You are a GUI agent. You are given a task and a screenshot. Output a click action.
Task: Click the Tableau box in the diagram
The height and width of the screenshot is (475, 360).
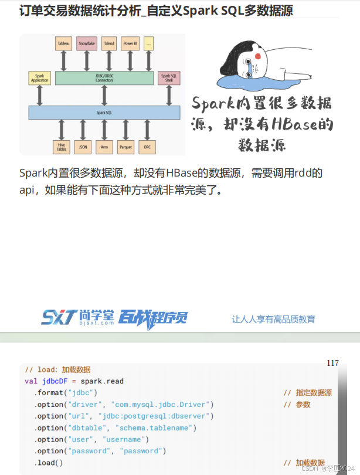[x=64, y=43]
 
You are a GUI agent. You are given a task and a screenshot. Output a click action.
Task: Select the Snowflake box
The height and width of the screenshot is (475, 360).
[x=86, y=43]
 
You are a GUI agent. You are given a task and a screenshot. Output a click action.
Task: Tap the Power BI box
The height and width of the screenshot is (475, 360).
[x=130, y=43]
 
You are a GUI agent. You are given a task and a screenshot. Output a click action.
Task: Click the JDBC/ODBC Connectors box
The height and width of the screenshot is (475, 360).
[x=104, y=78]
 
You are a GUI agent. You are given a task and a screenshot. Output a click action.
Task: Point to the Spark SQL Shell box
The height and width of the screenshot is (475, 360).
[x=169, y=77]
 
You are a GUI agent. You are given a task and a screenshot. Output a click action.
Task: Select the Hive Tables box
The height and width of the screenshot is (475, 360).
[x=62, y=147]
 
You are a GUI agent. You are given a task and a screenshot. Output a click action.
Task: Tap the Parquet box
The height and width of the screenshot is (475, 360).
[x=125, y=147]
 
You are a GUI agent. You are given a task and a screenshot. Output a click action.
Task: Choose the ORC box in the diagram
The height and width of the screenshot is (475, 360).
[x=147, y=147]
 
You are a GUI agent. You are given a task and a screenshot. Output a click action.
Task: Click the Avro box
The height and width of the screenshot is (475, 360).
[x=104, y=147]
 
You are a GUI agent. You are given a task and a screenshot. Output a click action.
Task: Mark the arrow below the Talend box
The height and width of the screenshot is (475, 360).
[x=108, y=60]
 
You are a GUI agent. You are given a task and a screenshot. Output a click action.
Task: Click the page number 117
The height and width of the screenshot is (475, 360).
[x=332, y=363]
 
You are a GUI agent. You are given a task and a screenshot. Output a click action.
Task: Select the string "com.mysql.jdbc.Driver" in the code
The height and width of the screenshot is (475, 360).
[x=164, y=405]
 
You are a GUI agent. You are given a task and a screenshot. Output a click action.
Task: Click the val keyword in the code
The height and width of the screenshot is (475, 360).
[x=31, y=381]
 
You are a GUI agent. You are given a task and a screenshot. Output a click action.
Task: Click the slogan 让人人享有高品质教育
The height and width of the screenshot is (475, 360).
[x=273, y=320]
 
